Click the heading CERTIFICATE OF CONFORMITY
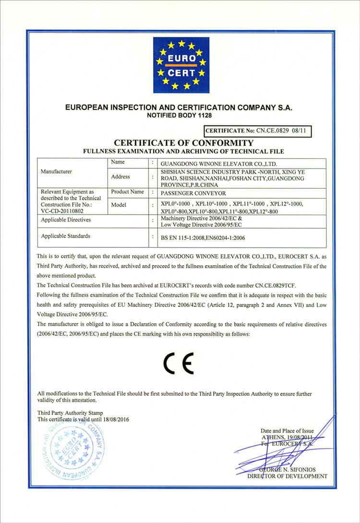point(182,143)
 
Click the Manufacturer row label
point(57,171)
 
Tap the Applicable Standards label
point(66,236)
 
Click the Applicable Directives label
point(66,219)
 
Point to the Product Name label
point(127,192)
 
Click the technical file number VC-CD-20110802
point(63,210)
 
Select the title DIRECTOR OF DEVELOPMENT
point(288,476)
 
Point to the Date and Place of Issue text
point(287,431)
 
